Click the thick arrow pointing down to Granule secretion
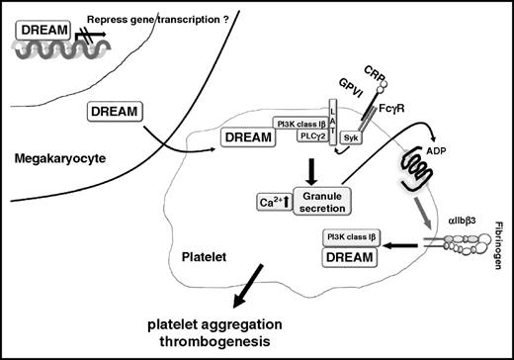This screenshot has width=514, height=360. point(312,168)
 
